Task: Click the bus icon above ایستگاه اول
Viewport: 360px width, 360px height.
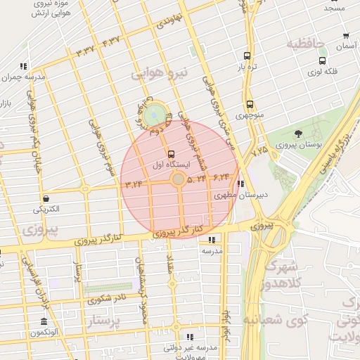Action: (172, 154)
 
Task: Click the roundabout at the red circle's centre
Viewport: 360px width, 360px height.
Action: (179, 181)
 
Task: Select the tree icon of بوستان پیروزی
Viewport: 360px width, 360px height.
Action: (299, 134)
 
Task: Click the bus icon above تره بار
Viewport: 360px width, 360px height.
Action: (246, 56)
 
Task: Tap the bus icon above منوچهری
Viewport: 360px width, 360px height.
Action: (250, 103)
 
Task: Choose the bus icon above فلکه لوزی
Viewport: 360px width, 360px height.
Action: (322, 61)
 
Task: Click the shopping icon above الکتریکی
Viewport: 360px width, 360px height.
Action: (46, 198)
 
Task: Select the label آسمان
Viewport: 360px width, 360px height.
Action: (345, 46)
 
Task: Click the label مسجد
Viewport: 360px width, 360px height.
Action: (335, 8)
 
